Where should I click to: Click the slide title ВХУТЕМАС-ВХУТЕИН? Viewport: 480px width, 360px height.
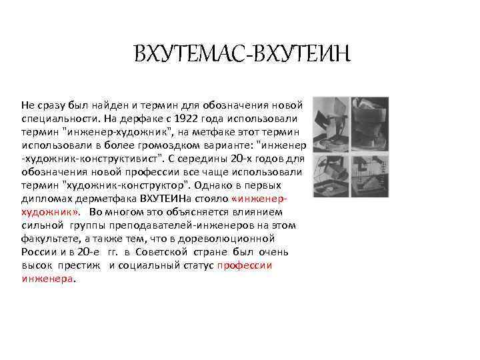[x=241, y=53]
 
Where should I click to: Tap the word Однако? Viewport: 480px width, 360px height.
[x=213, y=185]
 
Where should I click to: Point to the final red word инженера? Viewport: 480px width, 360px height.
[x=47, y=278]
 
